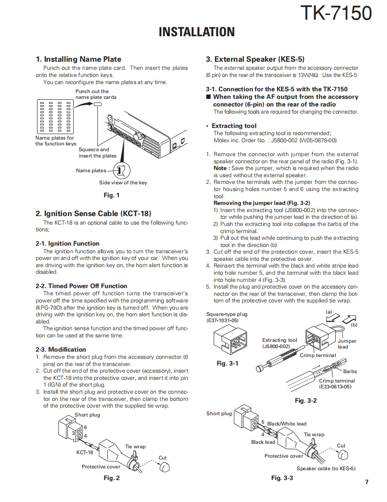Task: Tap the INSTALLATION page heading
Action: point(197,32)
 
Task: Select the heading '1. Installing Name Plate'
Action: point(78,59)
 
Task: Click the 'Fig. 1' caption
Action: point(111,195)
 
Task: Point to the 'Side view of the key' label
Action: point(123,183)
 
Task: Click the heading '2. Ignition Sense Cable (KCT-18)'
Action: point(93,213)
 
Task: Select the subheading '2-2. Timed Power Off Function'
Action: point(81,286)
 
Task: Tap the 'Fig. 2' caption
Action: point(112,478)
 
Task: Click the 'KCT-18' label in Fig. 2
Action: point(84,452)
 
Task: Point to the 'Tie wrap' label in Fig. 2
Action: point(135,447)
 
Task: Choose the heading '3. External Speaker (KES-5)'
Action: point(255,59)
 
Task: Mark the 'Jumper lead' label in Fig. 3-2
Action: point(347,344)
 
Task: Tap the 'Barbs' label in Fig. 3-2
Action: point(350,371)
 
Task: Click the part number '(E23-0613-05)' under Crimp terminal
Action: point(335,386)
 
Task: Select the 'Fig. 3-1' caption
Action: point(227,363)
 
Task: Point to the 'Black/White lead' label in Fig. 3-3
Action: point(286,424)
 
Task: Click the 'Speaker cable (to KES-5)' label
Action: point(326,468)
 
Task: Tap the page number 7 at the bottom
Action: point(366,482)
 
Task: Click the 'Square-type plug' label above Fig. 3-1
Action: point(227,314)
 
